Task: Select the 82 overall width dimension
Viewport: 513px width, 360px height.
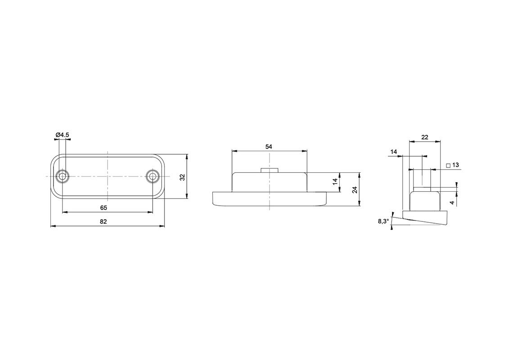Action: [103, 221]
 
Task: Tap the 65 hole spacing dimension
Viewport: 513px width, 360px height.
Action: [103, 207]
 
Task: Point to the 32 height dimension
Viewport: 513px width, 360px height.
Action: [182, 177]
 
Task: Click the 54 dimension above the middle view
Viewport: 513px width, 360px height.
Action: [269, 147]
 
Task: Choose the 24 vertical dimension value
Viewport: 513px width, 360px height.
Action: [355, 189]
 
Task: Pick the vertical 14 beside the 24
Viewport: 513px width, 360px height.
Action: [335, 182]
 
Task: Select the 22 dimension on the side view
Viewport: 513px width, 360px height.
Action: [425, 137]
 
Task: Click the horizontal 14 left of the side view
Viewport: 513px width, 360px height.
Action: [394, 152]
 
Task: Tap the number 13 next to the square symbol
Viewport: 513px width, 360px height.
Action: [455, 165]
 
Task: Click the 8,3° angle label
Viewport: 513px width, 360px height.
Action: [383, 221]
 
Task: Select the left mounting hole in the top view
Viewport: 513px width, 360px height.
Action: [62, 176]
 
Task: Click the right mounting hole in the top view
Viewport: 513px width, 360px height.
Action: [153, 176]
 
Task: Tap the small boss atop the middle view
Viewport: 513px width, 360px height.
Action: [269, 170]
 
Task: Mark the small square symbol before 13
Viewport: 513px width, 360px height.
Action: [448, 166]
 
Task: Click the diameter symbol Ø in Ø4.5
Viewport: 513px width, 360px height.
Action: [58, 135]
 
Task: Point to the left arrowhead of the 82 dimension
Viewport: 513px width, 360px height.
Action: [53, 226]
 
